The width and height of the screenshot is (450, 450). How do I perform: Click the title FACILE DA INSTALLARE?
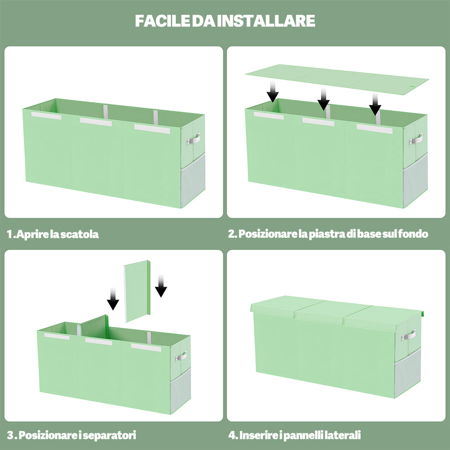(225, 21)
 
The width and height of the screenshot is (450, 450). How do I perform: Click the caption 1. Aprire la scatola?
(53, 234)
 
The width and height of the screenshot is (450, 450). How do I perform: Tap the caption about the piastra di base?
(328, 234)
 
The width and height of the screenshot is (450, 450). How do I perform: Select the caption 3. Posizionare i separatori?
(71, 435)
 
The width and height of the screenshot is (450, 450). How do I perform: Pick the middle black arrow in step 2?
(323, 98)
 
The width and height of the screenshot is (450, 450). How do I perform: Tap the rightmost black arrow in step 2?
(375, 104)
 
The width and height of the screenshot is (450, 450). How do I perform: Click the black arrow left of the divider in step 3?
(113, 299)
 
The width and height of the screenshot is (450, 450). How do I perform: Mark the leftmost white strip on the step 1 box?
(46, 116)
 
